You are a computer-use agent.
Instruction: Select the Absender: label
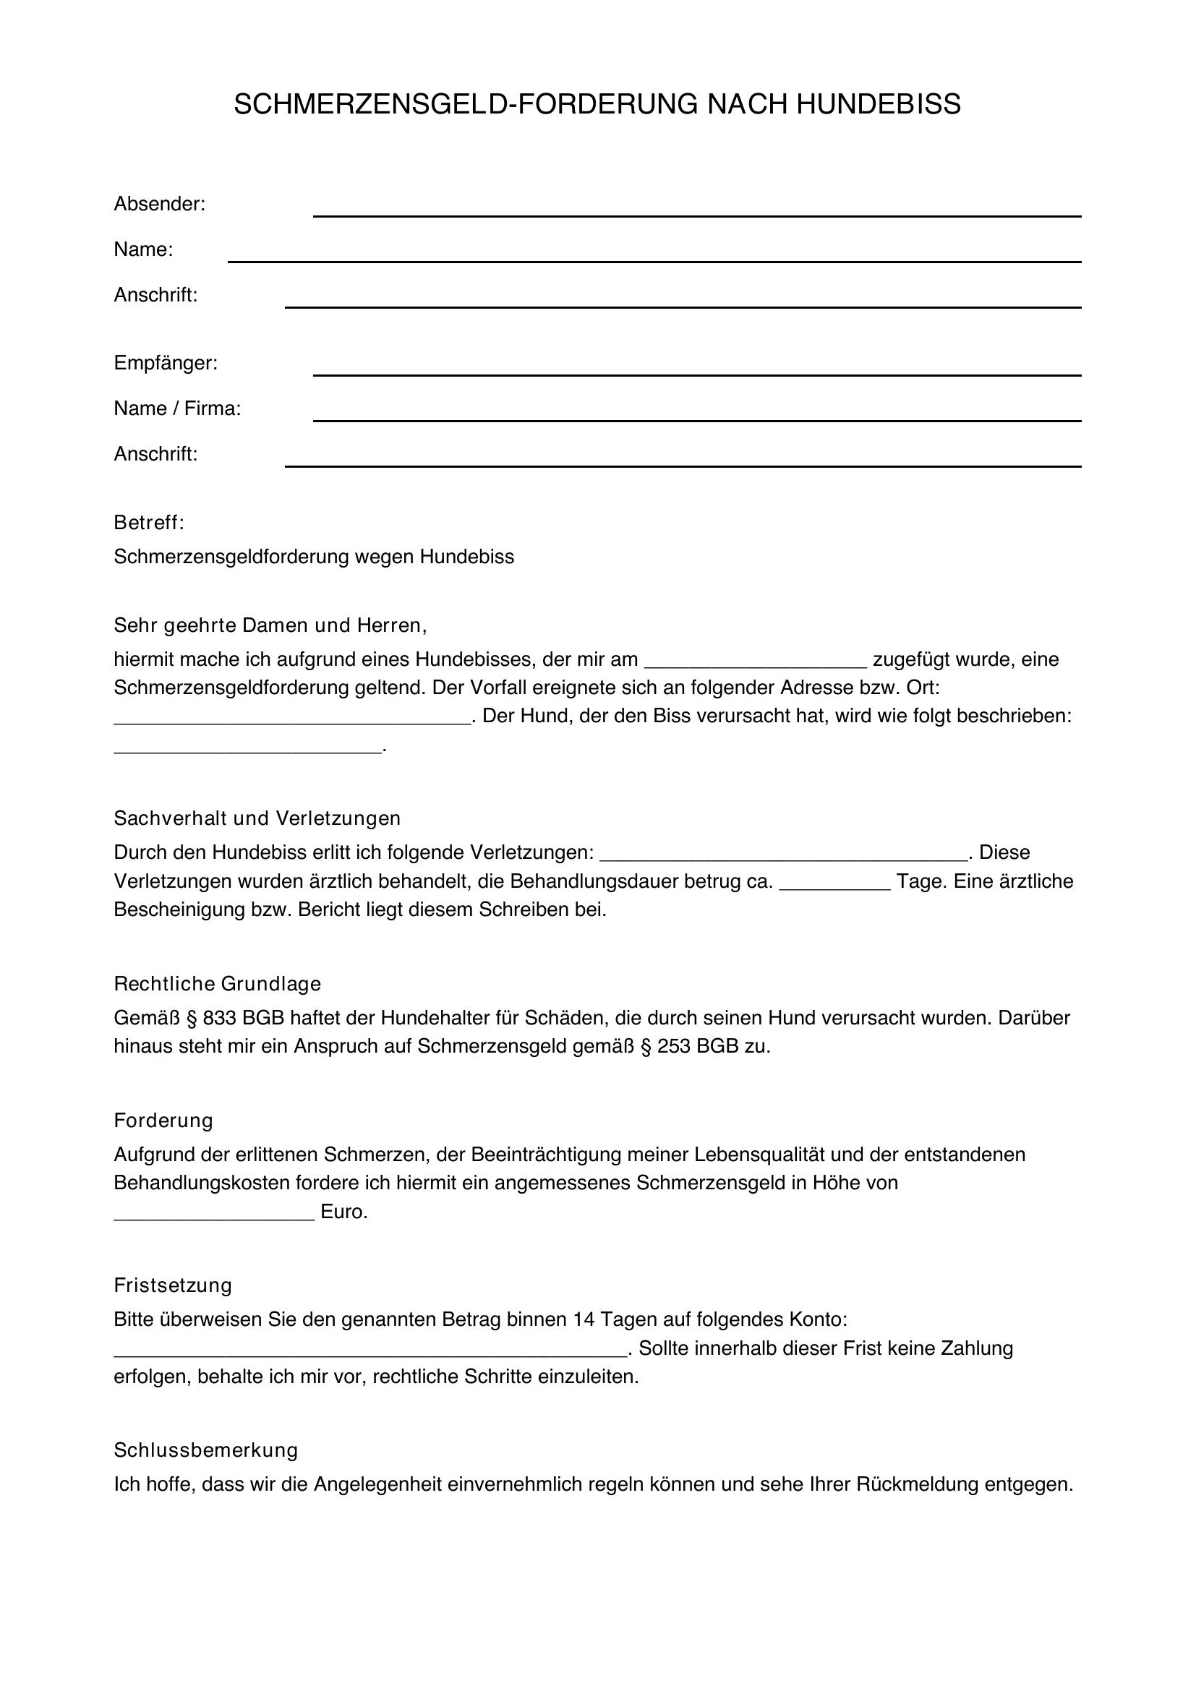click(x=159, y=204)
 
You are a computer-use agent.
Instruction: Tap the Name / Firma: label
click(x=177, y=408)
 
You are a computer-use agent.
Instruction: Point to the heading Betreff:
click(x=149, y=523)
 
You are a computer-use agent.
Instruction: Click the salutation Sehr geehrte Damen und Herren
click(x=270, y=625)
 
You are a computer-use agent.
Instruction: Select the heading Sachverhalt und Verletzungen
click(x=257, y=818)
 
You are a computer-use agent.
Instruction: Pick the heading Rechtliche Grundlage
click(x=217, y=984)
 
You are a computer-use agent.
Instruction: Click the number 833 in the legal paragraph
click(x=218, y=1019)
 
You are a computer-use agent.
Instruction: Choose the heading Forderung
click(x=163, y=1121)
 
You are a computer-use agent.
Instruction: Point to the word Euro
click(x=343, y=1212)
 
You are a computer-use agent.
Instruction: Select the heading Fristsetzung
click(x=172, y=1286)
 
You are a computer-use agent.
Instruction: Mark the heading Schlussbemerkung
click(x=205, y=1451)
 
